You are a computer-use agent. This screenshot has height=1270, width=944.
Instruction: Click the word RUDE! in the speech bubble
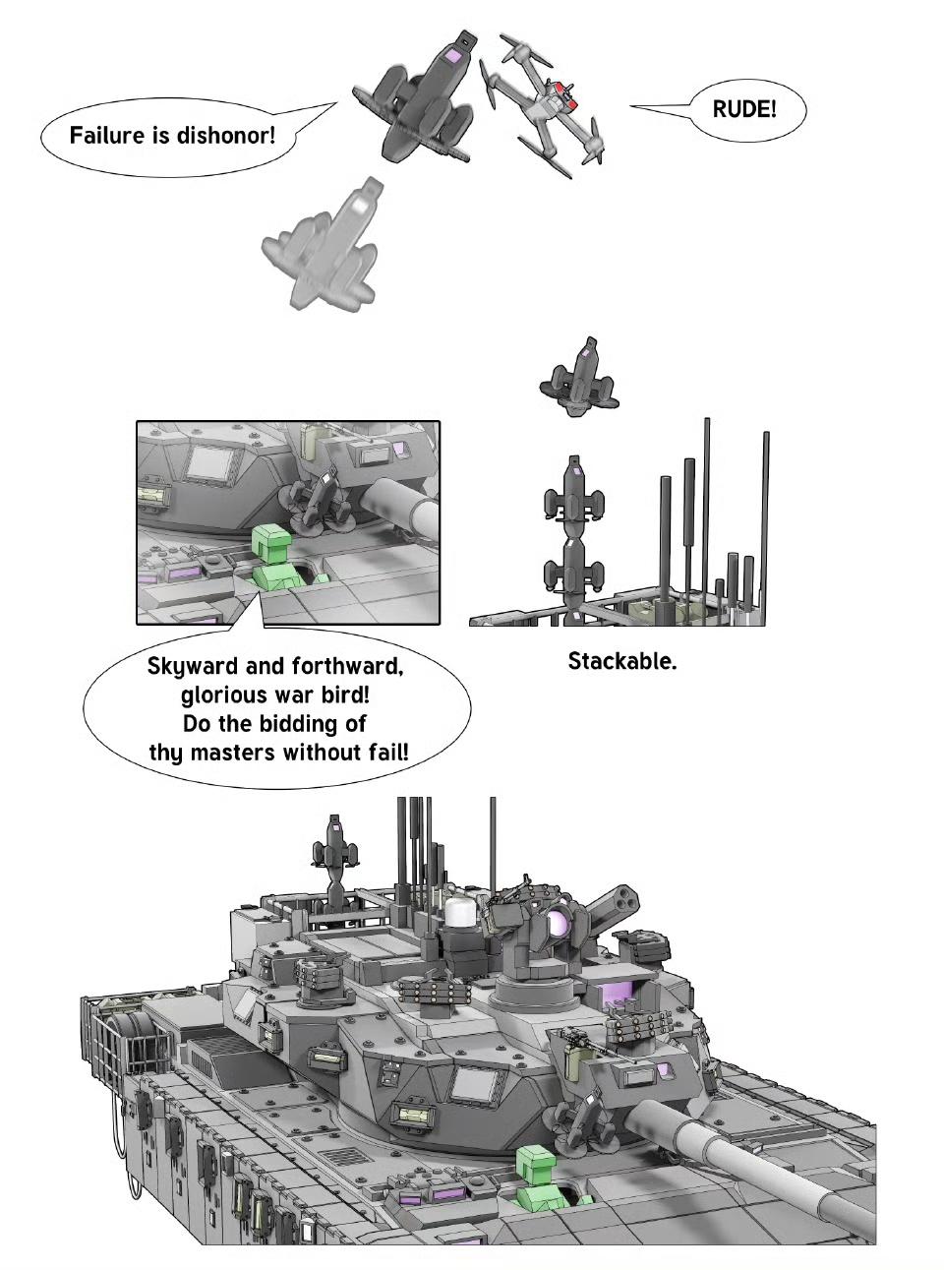[x=744, y=109]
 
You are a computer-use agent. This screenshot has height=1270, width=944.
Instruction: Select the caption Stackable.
[x=622, y=661]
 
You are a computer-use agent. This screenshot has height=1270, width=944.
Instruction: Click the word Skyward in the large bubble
[x=192, y=667]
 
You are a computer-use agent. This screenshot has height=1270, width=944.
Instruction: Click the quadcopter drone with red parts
[x=544, y=106]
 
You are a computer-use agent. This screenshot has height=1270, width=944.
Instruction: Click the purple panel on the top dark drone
[x=452, y=55]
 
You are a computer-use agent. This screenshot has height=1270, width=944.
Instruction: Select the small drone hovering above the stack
[x=579, y=379]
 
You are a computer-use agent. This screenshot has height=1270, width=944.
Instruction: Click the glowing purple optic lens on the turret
[x=557, y=923]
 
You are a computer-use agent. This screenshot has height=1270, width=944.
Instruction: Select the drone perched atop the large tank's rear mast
[x=335, y=843]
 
